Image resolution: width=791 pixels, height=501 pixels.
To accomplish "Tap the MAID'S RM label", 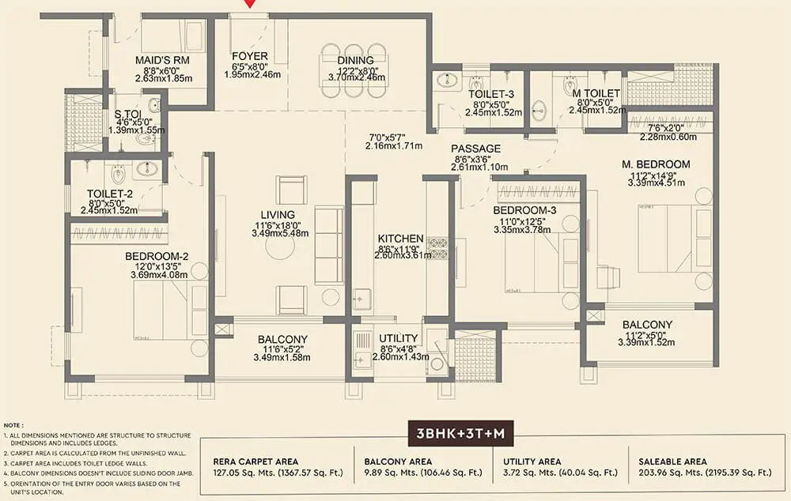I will [x=161, y=59].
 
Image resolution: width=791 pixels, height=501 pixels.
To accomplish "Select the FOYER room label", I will [x=249, y=57].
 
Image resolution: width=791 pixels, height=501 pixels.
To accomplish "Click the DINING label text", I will [x=355, y=60].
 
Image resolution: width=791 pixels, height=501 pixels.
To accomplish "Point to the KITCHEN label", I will [x=400, y=238].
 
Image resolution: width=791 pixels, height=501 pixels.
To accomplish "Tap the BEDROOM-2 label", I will [x=157, y=256].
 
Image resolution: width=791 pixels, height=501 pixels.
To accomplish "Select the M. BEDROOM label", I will [x=656, y=164].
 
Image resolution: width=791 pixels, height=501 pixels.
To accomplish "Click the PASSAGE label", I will [x=476, y=149].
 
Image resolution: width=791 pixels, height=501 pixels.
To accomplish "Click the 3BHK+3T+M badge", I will [x=463, y=435].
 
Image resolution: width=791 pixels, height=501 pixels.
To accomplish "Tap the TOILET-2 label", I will [x=112, y=192].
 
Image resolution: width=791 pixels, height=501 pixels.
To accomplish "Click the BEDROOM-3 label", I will [x=525, y=211].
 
